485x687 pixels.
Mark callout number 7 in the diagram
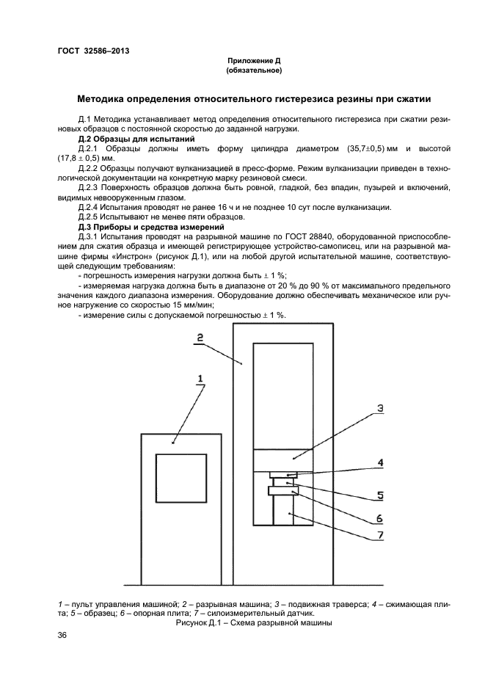(380, 535)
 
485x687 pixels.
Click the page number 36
(62, 636)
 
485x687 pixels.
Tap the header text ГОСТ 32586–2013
(88, 51)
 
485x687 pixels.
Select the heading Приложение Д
(254, 61)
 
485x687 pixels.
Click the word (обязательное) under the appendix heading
(254, 70)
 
